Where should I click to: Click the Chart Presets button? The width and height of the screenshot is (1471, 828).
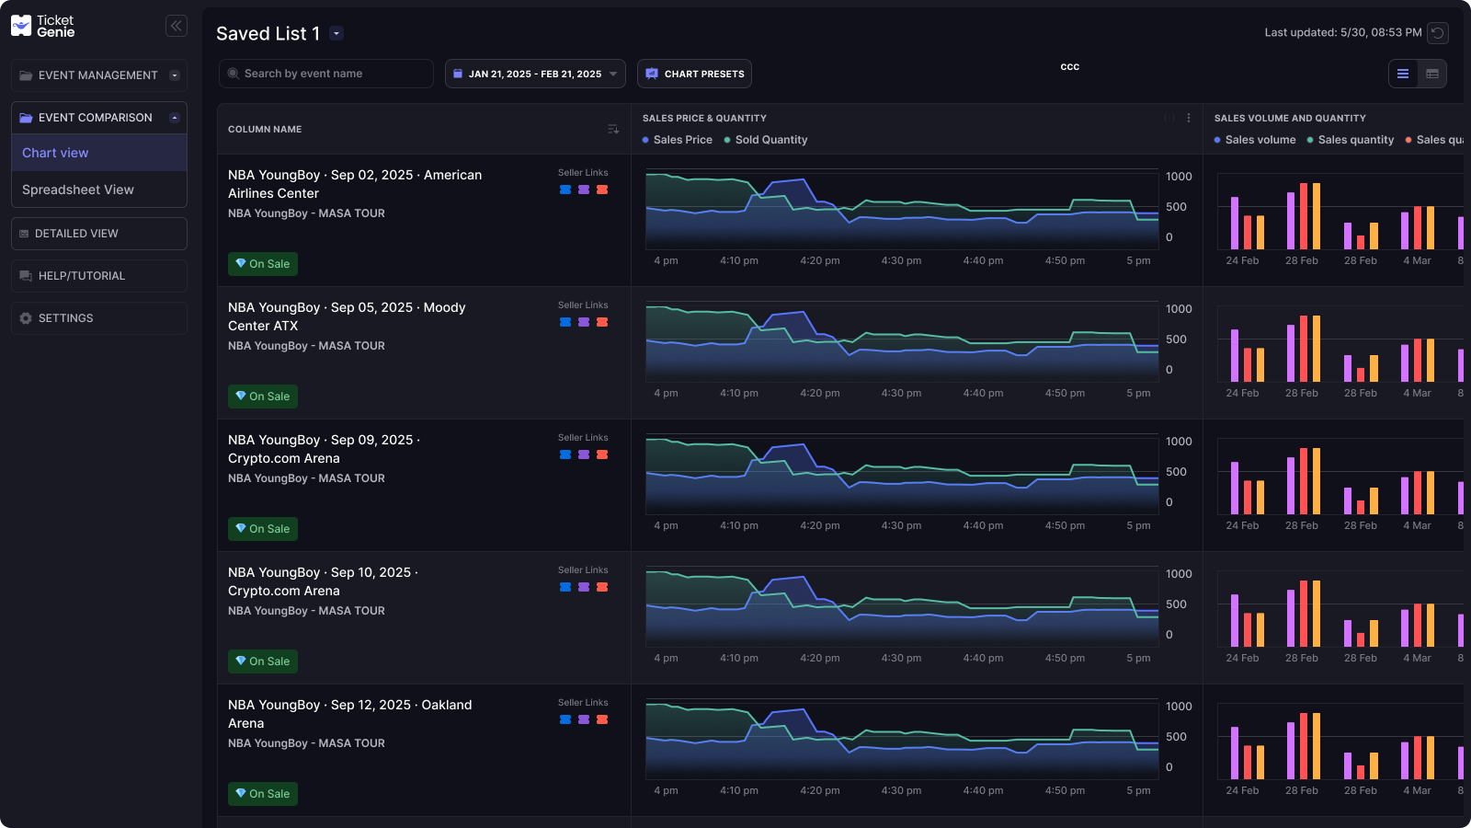[694, 74]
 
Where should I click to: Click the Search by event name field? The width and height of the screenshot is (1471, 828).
[326, 74]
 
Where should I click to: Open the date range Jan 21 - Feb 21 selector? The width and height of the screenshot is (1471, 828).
[535, 74]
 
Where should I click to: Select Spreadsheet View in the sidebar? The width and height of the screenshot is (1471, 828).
[78, 190]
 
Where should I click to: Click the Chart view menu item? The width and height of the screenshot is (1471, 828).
[55, 153]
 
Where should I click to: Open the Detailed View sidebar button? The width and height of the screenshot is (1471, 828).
[98, 234]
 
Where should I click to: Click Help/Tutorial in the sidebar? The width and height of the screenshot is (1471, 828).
[98, 276]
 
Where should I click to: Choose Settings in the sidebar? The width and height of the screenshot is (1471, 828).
[98, 318]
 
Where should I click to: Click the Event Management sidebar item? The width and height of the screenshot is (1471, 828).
[97, 75]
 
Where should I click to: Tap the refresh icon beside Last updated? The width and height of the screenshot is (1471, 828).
[1438, 33]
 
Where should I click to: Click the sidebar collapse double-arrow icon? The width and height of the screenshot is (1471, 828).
[177, 26]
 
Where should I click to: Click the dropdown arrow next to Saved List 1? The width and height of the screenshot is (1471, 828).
[336, 34]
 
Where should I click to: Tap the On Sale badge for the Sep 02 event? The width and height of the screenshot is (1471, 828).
[263, 264]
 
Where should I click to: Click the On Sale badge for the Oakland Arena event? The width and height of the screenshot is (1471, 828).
[263, 794]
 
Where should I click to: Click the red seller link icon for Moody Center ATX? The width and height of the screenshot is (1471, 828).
[602, 322]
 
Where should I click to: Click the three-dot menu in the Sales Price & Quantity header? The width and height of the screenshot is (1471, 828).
[1189, 118]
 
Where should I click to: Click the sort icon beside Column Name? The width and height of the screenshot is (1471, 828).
[613, 130]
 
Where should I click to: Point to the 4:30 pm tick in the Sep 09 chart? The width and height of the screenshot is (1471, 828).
[901, 525]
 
